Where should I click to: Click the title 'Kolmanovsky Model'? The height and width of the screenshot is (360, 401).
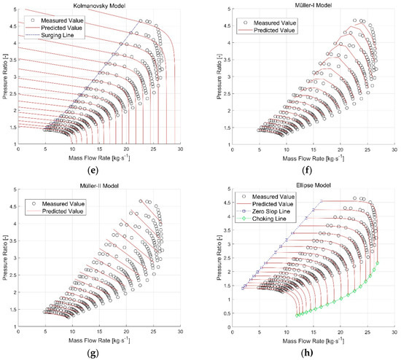pyautogui.click(x=98, y=4)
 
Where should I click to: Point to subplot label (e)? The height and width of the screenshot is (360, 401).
pyautogui.click(x=98, y=172)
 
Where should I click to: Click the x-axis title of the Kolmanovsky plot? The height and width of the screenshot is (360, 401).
pyautogui.click(x=98, y=158)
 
